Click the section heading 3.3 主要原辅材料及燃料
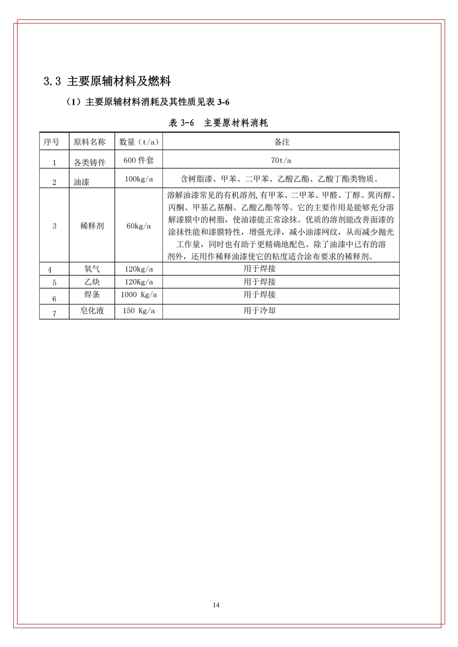click(x=107, y=82)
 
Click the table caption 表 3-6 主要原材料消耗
click(x=218, y=123)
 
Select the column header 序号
click(x=52, y=142)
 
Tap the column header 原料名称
click(x=90, y=142)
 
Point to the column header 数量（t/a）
click(x=139, y=142)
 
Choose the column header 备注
click(x=282, y=142)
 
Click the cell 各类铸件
click(x=90, y=162)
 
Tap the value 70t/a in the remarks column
click(x=282, y=160)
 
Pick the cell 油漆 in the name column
click(x=82, y=182)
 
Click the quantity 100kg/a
click(x=139, y=179)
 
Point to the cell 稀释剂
click(x=92, y=226)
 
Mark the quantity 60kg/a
click(x=139, y=226)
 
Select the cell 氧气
click(x=92, y=269)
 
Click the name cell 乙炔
click(x=92, y=282)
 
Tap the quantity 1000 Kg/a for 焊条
click(x=139, y=295)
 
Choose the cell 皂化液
click(x=92, y=311)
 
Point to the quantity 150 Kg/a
click(x=139, y=311)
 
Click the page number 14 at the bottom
click(x=216, y=605)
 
